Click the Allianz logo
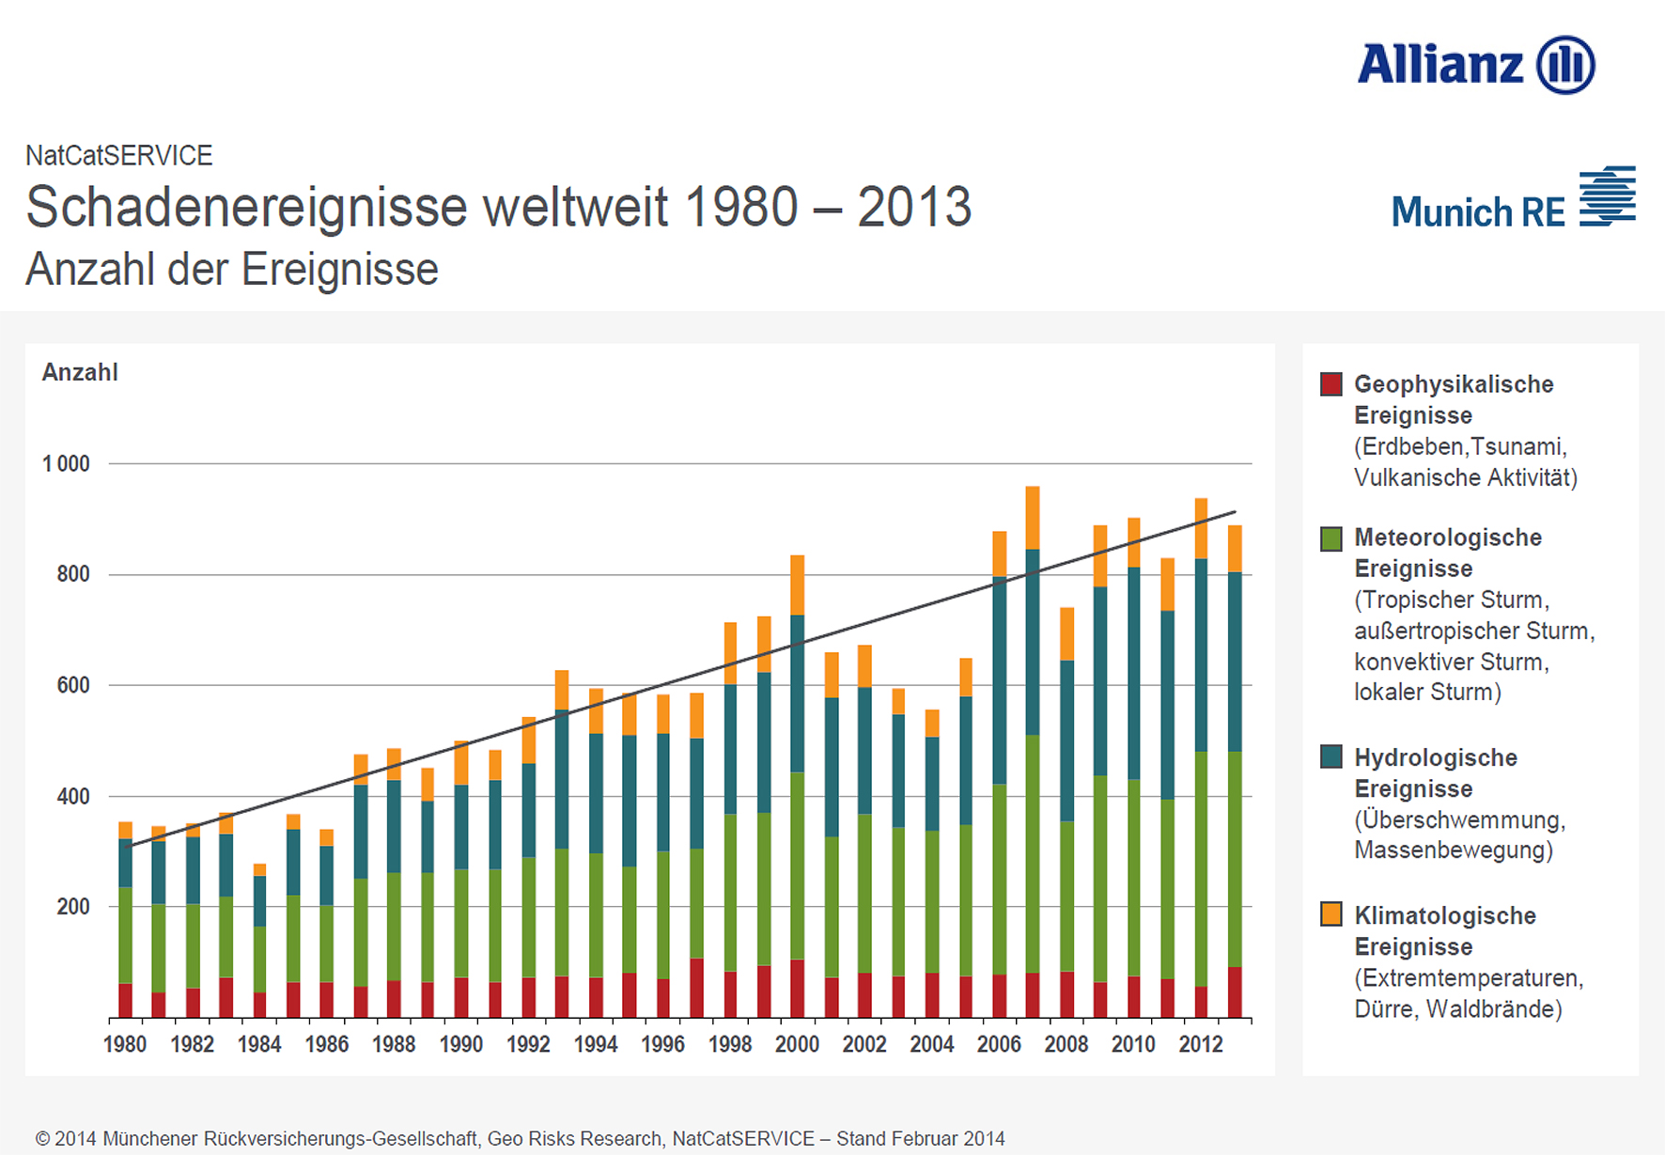(x=1475, y=65)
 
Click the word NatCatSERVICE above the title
(x=119, y=155)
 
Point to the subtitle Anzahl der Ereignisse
(x=232, y=270)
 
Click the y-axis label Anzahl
(x=80, y=373)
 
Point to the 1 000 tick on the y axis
(x=66, y=464)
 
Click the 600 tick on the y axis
(x=73, y=685)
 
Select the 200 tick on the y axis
(x=73, y=907)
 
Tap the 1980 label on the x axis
(x=125, y=1044)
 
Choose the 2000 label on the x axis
(x=797, y=1044)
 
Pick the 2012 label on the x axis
(x=1200, y=1044)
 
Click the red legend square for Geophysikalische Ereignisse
(x=1330, y=384)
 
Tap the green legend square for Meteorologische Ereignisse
(x=1330, y=538)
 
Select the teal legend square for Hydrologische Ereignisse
(x=1330, y=757)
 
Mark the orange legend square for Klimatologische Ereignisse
(x=1330, y=914)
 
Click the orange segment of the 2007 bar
(x=1033, y=518)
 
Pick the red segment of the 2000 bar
(x=797, y=989)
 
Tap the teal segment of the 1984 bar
(x=259, y=901)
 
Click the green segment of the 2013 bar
(x=1235, y=859)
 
